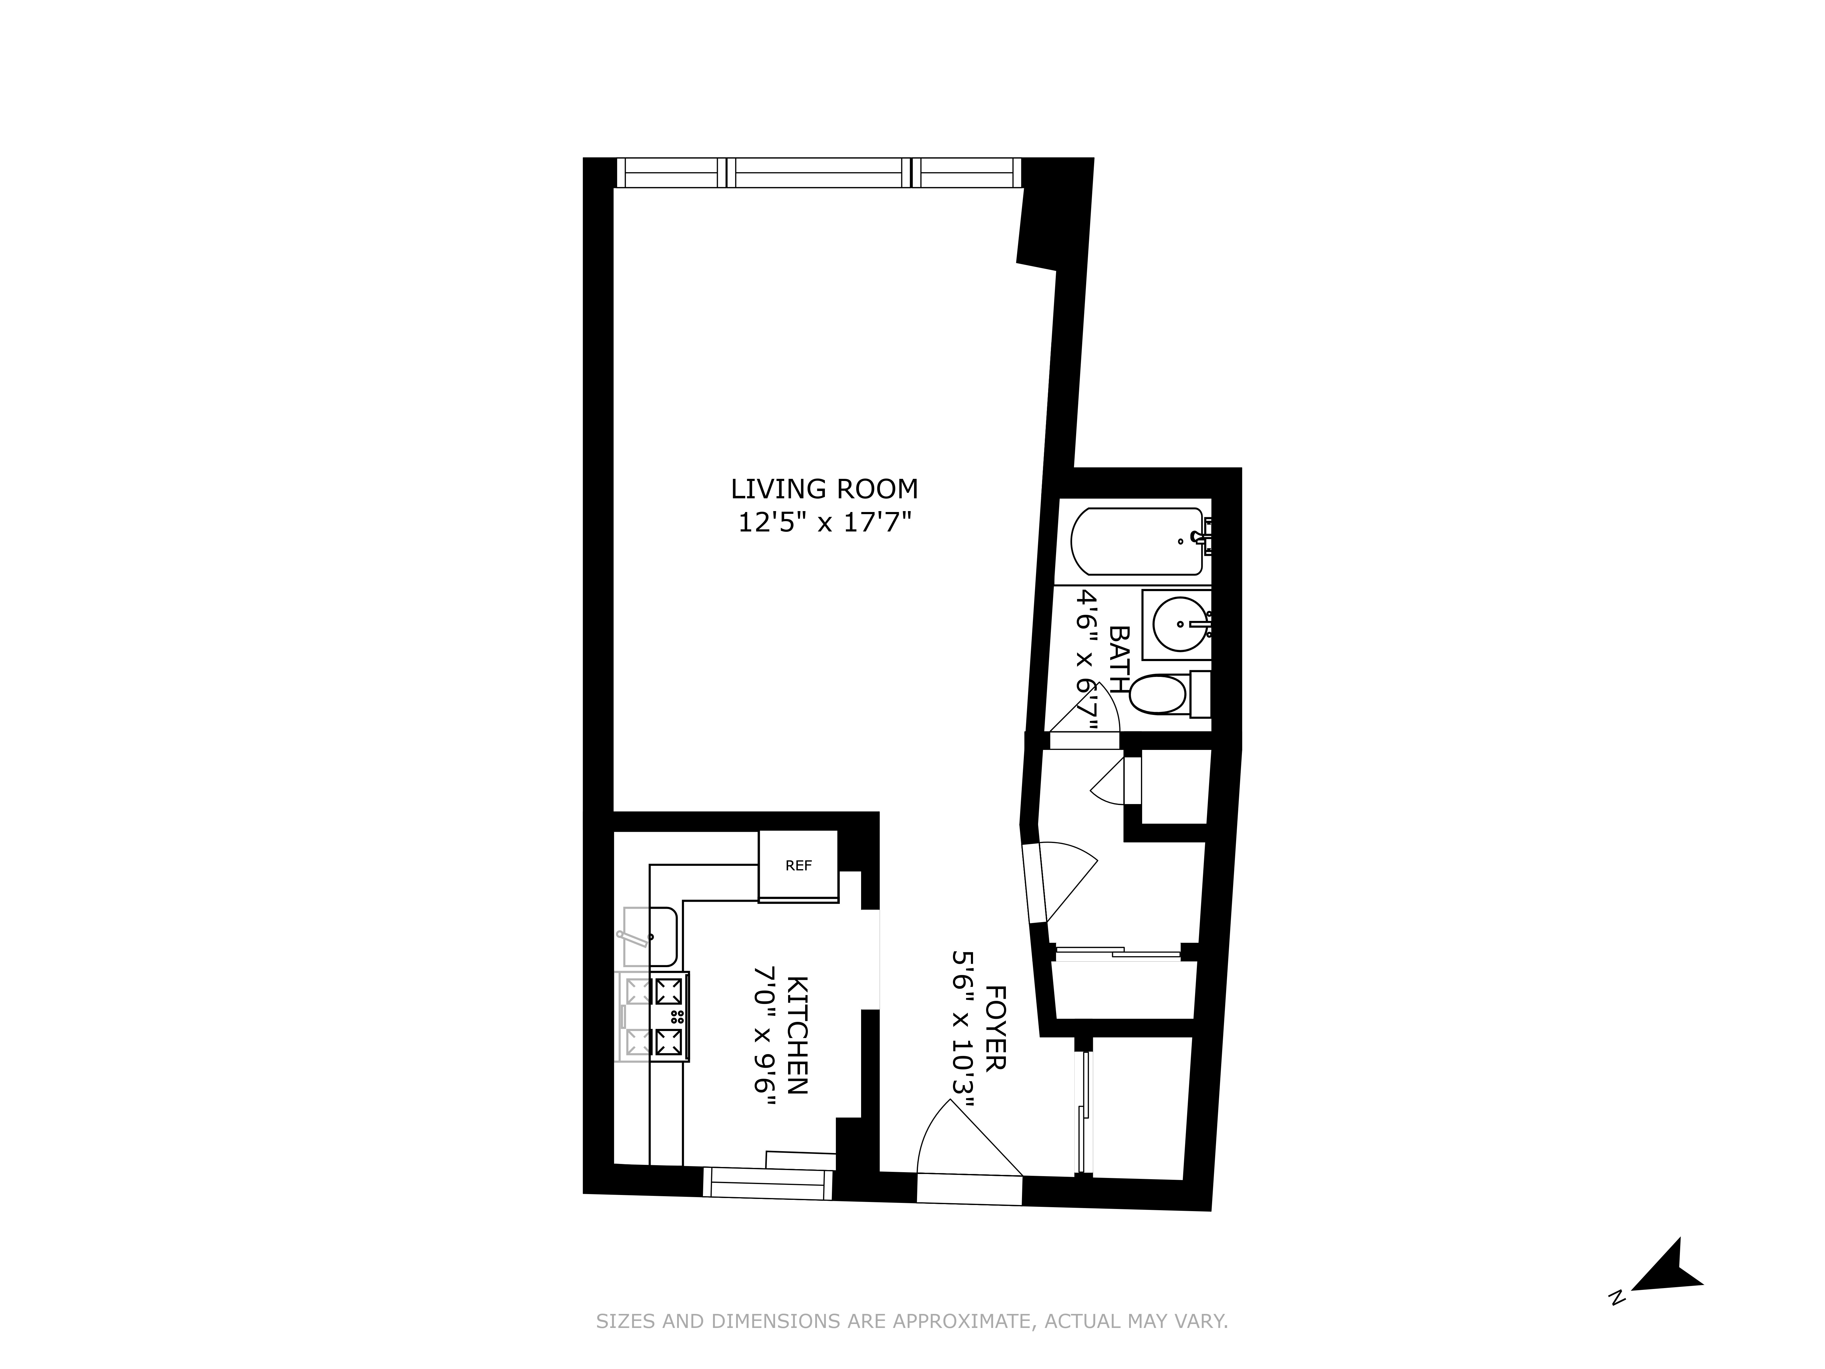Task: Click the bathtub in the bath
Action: click(x=1137, y=541)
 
